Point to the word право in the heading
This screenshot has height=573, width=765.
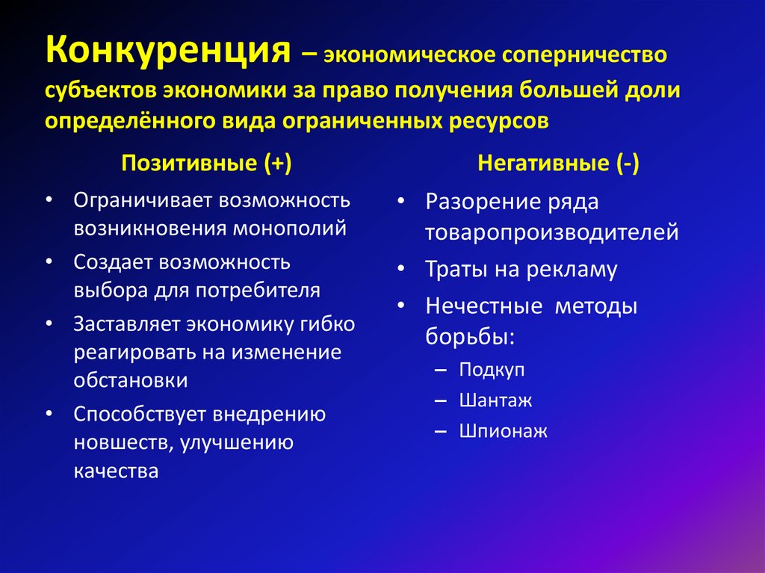pos(355,89)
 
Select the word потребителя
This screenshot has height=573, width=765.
pos(258,291)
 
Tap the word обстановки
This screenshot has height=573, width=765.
pos(130,380)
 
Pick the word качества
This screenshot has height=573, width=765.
pos(116,471)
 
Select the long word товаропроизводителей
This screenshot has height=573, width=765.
pos(551,232)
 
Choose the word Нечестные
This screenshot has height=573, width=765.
pos(483,306)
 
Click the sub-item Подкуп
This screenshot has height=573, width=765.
pos(492,370)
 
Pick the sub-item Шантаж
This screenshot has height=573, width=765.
pos(495,400)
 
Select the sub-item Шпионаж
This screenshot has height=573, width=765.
pos(503,431)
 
